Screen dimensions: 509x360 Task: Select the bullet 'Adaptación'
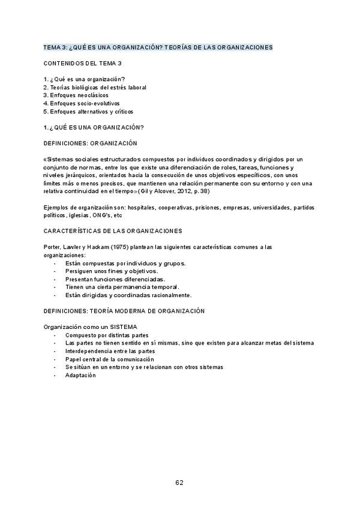point(80,375)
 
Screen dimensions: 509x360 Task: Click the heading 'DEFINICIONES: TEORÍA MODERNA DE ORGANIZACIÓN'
point(125,311)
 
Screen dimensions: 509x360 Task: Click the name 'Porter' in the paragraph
point(53,247)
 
